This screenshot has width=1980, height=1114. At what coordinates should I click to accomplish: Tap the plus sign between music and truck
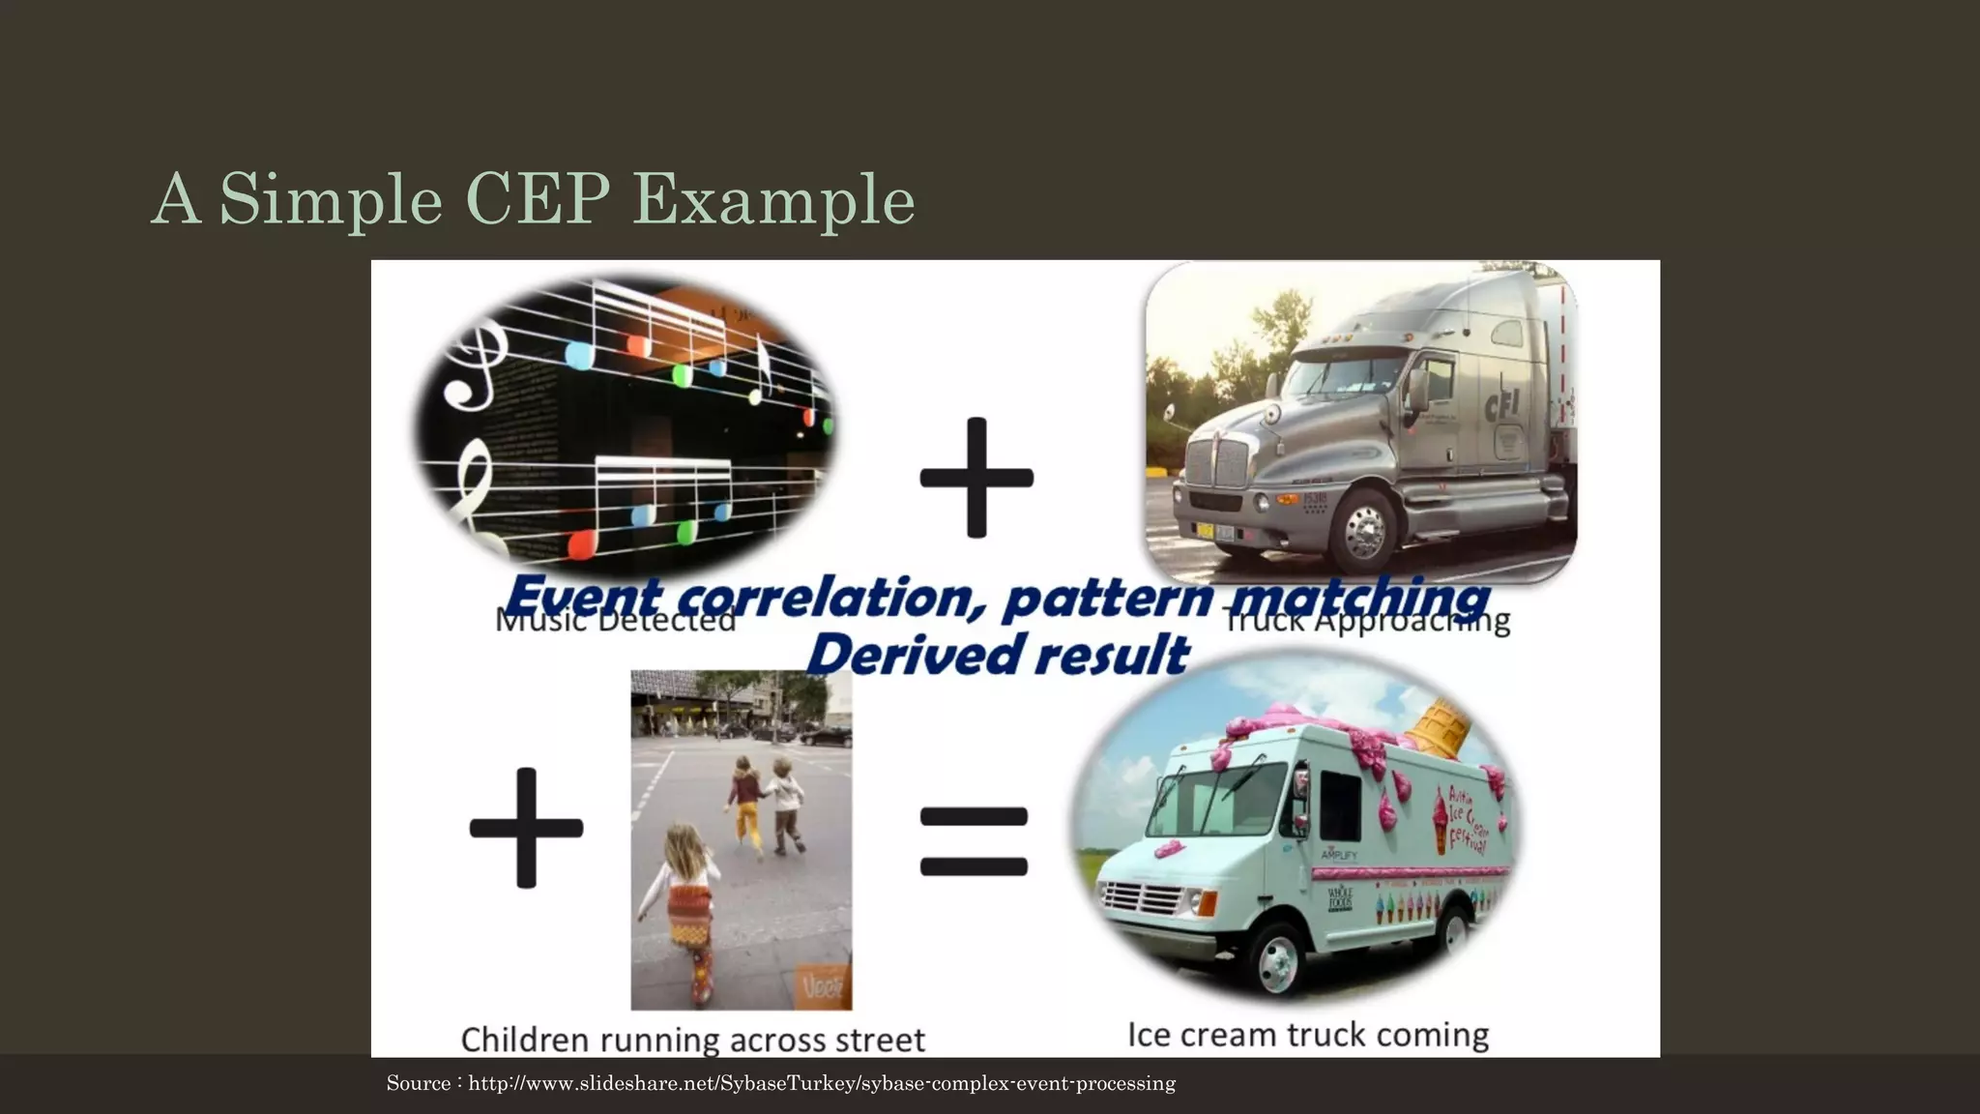976,478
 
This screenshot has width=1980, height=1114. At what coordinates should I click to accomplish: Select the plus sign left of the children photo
526,828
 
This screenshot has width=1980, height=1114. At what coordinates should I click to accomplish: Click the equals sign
974,842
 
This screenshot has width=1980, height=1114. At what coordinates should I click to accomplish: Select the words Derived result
997,655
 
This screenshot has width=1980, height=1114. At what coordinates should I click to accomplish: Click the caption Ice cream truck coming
1307,1035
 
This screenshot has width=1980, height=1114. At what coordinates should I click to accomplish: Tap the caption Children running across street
692,1040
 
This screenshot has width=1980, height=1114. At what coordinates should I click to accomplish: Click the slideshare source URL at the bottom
822,1083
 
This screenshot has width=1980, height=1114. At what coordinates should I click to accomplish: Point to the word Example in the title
773,199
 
